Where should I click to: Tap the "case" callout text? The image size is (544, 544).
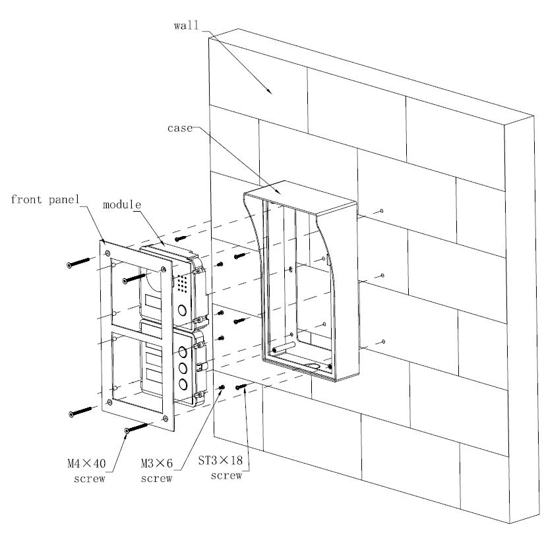coord(180,129)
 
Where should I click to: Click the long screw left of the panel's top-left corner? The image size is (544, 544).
coord(79,263)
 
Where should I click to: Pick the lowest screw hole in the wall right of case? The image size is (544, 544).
coord(383,342)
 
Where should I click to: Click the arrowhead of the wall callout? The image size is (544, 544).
coord(270,92)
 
